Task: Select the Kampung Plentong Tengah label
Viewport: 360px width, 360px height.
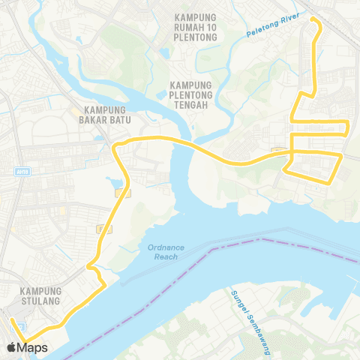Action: point(193,94)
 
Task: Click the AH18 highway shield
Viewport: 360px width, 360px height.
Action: point(20,171)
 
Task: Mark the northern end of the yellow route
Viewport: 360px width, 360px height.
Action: point(312,19)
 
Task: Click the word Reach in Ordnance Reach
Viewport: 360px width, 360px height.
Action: point(166,257)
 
